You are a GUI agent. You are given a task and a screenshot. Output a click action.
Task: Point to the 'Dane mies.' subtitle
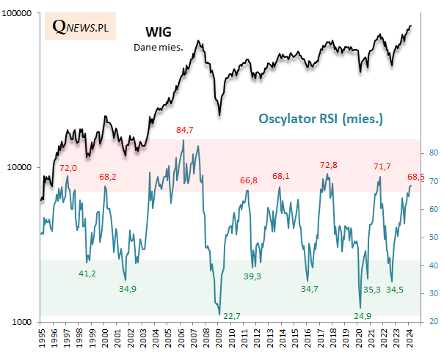[157, 48]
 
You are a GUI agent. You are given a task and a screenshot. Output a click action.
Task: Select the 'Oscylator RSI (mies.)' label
[322, 119]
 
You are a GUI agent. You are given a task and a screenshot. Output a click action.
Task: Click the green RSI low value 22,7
[232, 316]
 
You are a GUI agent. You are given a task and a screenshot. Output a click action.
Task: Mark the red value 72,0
[68, 168]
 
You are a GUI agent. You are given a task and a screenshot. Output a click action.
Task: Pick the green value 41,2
[87, 273]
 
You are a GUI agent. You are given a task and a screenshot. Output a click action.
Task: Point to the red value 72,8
[329, 165]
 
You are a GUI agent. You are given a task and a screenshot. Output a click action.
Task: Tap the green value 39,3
[252, 276]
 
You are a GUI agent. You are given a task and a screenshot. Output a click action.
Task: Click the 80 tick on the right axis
[434, 153]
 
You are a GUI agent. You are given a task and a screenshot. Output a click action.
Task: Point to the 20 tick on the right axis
[434, 322]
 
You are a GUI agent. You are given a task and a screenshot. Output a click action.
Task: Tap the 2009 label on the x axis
[219, 339]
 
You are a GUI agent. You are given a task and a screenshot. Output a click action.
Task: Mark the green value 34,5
[395, 290]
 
